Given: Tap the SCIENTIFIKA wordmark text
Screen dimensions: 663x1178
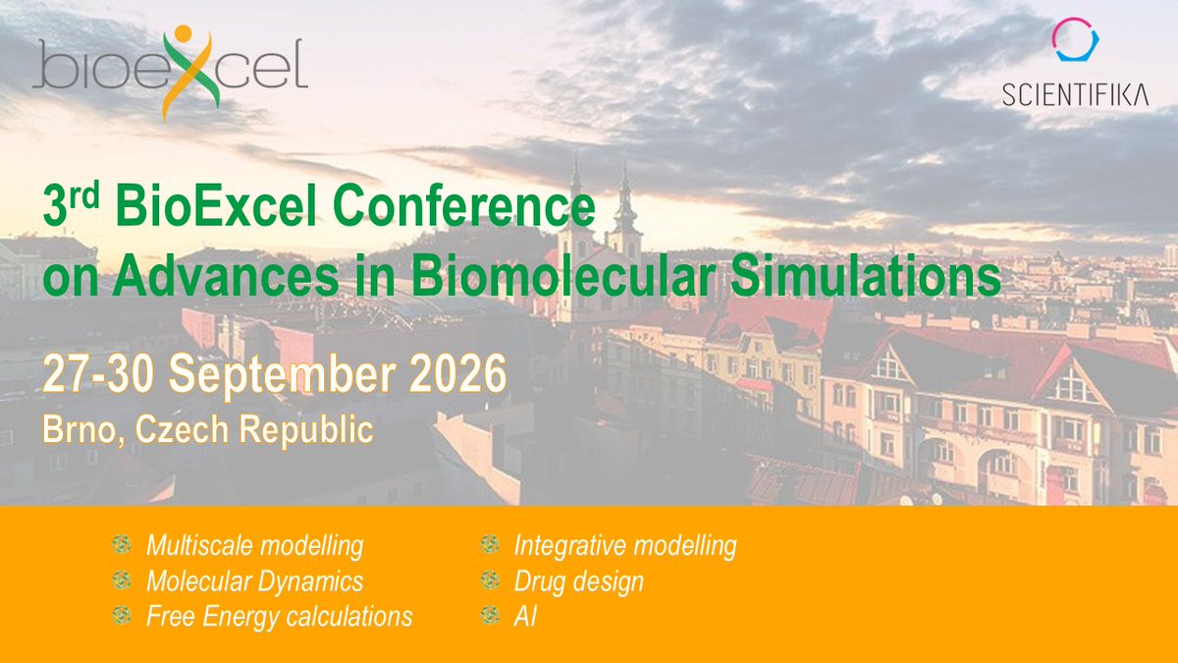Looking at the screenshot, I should tap(1075, 95).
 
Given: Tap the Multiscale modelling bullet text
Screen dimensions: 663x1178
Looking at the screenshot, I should tap(254, 545).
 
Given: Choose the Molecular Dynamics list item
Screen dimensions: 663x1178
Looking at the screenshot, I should tap(254, 580).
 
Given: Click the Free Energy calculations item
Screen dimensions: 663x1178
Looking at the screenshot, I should tap(279, 617).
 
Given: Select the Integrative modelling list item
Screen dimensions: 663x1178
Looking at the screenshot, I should tap(624, 545).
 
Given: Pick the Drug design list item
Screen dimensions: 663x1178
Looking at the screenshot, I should tap(578, 580).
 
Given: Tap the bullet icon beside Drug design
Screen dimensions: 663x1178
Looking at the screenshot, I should tap(488, 580).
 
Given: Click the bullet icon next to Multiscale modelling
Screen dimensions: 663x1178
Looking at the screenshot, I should tap(121, 545).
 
